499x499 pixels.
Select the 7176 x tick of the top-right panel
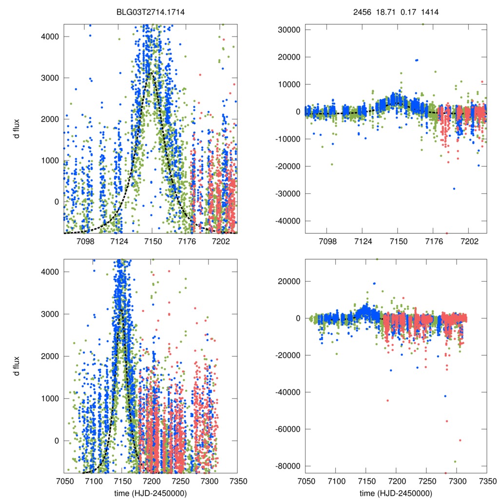[433, 241]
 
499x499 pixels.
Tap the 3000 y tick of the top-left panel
[50, 78]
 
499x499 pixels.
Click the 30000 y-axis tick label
[288, 30]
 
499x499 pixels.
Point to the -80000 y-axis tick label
[287, 466]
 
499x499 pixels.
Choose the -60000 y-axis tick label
[287, 429]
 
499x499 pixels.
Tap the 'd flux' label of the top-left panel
[17, 129]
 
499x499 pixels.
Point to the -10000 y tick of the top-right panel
[288, 139]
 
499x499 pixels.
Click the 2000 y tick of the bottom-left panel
[50, 356]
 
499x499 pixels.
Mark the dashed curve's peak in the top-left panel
[152, 73]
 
